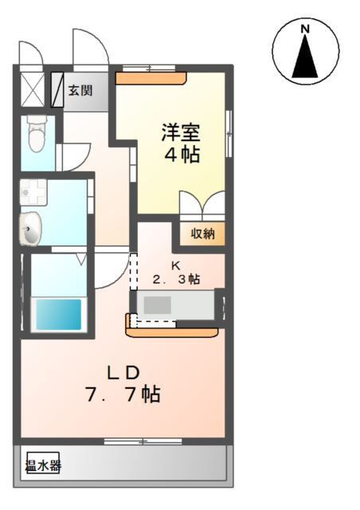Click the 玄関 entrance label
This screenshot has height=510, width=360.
(x=79, y=90)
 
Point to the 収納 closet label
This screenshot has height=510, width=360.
(x=202, y=233)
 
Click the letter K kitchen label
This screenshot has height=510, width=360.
(x=177, y=266)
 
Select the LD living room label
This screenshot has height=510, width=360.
(x=124, y=371)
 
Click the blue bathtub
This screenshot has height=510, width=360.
(x=57, y=313)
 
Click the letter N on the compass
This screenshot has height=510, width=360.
(x=304, y=29)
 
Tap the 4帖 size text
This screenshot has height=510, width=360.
(x=182, y=154)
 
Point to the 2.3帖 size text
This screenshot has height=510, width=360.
(x=176, y=280)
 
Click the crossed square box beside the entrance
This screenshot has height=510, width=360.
(x=33, y=90)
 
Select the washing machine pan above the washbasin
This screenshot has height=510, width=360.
(x=33, y=192)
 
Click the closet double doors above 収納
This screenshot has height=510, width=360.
(x=202, y=206)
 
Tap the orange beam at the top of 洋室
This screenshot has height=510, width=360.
(x=151, y=78)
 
